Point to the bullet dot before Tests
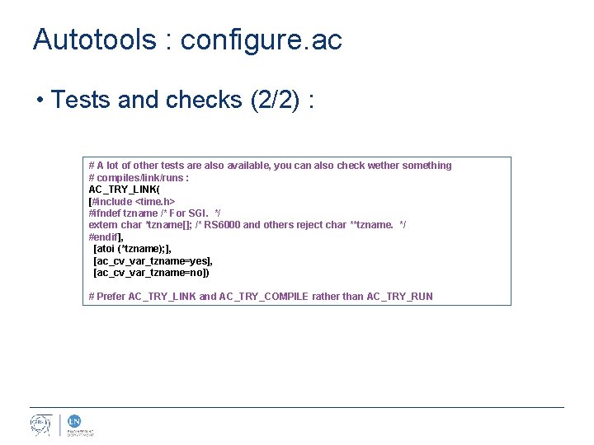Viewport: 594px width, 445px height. [40, 101]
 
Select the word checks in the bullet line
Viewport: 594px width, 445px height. [199, 100]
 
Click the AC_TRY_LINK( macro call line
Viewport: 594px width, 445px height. [125, 190]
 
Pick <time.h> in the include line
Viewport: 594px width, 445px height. [154, 201]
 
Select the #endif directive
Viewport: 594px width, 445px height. [104, 237]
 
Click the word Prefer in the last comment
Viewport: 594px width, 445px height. [111, 297]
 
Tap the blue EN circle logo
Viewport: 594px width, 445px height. [72, 420]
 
